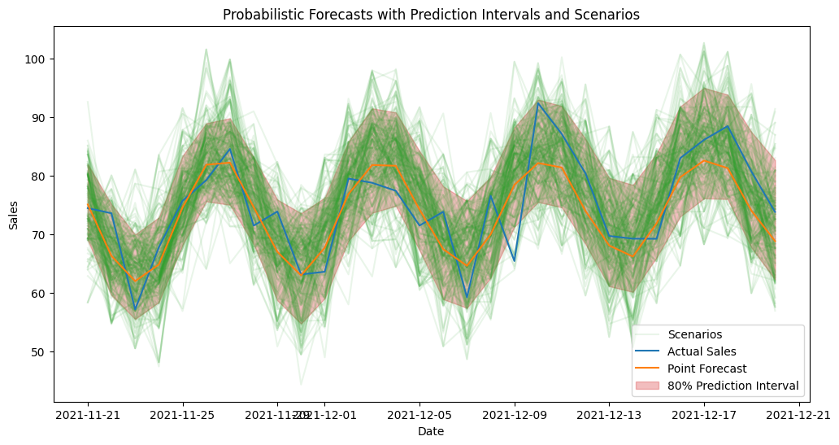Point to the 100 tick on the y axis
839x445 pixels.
tap(37, 59)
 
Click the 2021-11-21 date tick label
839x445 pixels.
tap(88, 415)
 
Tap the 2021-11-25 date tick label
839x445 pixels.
tap(183, 415)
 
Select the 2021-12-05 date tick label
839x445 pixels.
tap(419, 415)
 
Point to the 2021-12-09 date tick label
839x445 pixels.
tap(515, 415)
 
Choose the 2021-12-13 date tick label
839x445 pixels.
tap(609, 415)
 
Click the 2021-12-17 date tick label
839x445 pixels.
tap(704, 415)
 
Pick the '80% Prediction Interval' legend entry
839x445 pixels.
tap(732, 386)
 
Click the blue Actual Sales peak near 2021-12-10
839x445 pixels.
tap(538, 103)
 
